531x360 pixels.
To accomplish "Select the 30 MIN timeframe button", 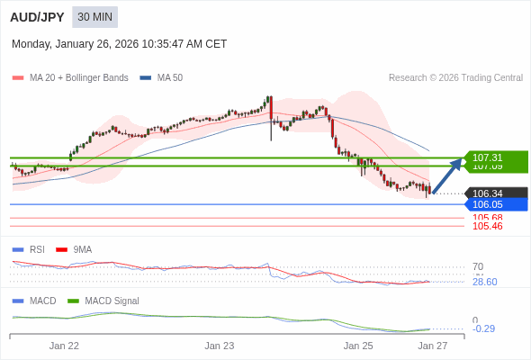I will [x=95, y=17].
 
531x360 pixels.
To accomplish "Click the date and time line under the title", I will [x=120, y=44].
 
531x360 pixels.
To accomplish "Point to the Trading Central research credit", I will [x=455, y=78].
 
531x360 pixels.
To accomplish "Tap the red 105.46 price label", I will [x=487, y=226].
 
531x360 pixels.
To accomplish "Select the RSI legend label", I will [x=37, y=249].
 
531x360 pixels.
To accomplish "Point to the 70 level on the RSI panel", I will [x=478, y=266].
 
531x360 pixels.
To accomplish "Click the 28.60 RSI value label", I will [x=484, y=282].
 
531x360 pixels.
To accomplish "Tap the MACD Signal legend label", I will [x=112, y=301].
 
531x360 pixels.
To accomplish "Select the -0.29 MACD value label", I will [x=483, y=328].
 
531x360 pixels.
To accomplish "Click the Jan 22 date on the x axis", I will [x=64, y=346].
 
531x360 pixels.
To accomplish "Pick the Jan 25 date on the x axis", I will [x=358, y=346].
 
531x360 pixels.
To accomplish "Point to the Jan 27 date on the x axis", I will [x=432, y=346].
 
